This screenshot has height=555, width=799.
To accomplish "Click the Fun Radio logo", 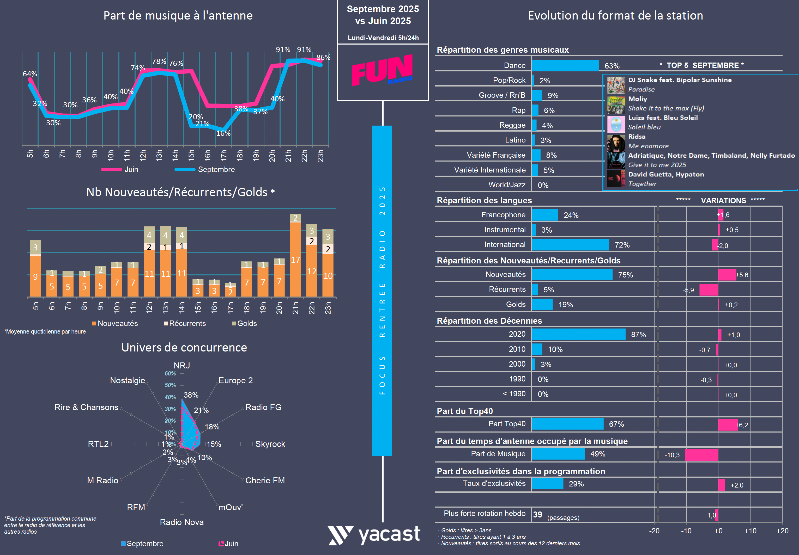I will pos(382,71).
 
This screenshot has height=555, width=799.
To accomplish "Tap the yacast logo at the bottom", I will pos(374,535).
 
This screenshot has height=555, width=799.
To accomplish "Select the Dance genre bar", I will pos(565,65).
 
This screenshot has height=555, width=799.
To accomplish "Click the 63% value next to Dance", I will pos(612,66).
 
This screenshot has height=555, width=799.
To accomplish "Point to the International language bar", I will pos(570,244).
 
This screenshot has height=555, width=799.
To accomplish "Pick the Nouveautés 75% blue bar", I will pos(572,274).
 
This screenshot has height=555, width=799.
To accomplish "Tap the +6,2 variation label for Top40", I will pos(742,425).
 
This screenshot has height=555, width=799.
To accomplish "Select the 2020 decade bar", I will pos(578,334).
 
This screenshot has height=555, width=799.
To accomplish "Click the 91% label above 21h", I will pos(283,50).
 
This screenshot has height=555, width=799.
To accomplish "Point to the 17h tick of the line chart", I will pos(223,155).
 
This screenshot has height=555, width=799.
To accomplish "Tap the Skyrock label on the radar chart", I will pos(270,444).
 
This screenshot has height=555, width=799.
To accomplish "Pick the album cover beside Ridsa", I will pos(616,141).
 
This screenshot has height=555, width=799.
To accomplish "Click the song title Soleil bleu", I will pos(644,127).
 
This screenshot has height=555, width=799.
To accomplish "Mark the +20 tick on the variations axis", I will pos(782,531).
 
